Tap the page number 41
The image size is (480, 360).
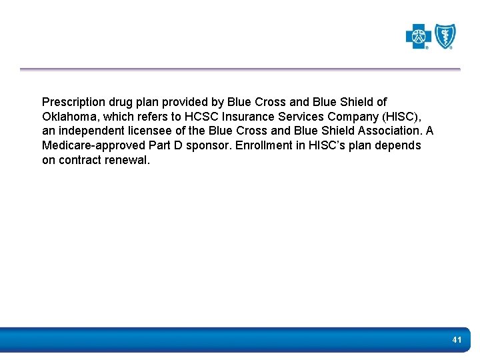(457, 340)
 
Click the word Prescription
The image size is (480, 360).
(73, 102)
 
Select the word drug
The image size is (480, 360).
(121, 102)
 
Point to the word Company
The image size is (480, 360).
(354, 117)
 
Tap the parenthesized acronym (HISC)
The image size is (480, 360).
(400, 117)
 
